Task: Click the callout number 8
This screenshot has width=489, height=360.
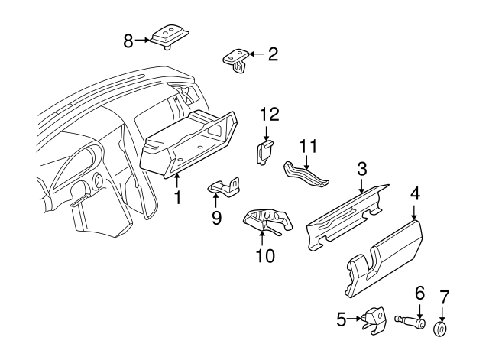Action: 128,40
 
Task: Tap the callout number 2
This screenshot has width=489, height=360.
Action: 273,54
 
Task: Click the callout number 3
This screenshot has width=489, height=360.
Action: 362,167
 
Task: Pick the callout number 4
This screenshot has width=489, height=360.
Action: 415,193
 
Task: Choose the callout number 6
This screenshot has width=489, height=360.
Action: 419,292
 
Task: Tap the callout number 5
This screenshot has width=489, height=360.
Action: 342,319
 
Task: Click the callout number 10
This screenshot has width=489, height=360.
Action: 264,256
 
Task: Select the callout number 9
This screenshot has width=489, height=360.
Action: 216,219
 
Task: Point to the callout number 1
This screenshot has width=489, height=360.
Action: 177,199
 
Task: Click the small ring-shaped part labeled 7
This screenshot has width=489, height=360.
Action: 441,329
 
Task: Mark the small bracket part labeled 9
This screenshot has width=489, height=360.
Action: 224,188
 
